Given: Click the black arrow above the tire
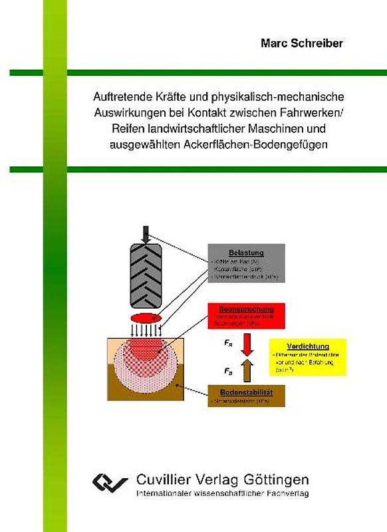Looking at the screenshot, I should coord(146,235).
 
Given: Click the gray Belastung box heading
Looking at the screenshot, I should coord(247,253).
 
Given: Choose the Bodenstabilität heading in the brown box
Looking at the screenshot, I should coord(247,392).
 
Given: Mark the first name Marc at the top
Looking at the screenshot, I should coord(277,44).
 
